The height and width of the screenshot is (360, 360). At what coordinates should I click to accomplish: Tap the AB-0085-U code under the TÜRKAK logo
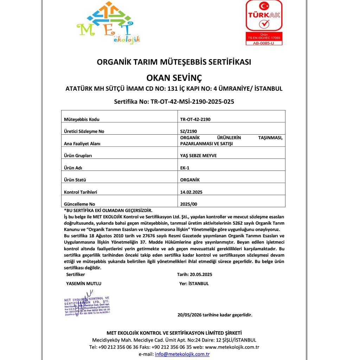coord(264,43)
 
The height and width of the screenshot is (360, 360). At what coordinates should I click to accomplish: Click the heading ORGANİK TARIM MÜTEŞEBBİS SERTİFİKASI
coord(174,62)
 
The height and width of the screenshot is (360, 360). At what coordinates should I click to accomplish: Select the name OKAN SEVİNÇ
coord(174,77)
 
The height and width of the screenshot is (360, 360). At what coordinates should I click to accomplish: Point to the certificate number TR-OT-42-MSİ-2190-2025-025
coord(192,102)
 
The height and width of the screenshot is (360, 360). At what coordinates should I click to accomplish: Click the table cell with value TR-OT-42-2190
coord(195,119)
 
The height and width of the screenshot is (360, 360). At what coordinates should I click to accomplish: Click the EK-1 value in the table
coord(185,168)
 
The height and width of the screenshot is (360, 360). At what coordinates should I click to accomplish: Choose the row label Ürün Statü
coord(75,180)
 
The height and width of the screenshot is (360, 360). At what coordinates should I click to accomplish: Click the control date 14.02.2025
coord(191,192)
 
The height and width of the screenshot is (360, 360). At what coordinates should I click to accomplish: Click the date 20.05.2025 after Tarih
coord(200,274)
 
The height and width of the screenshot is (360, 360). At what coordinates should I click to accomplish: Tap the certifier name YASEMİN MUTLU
coord(84,283)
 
